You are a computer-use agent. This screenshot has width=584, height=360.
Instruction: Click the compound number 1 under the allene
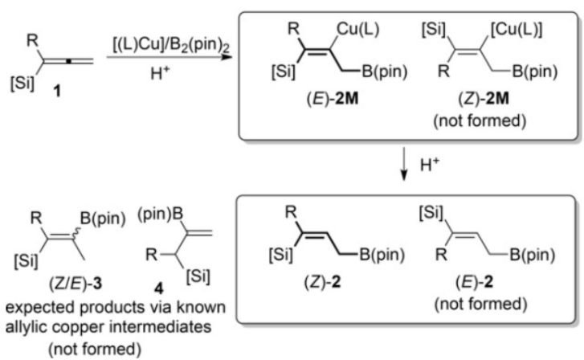click(x=57, y=91)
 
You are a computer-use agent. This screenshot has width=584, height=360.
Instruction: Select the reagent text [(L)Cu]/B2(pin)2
click(x=171, y=45)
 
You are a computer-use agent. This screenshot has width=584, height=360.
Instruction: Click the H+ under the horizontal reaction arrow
click(x=160, y=73)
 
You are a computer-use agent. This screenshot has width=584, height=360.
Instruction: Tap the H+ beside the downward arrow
click(x=430, y=165)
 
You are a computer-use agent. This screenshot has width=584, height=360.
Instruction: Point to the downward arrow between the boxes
click(x=404, y=164)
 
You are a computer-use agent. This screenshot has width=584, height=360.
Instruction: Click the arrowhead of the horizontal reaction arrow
click(x=227, y=57)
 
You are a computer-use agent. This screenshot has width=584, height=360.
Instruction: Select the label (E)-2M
click(x=333, y=99)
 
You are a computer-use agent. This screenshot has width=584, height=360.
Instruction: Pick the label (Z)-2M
click(x=484, y=99)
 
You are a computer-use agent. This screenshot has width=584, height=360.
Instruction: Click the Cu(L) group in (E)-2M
click(x=358, y=29)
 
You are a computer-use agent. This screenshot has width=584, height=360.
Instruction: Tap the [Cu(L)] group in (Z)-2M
click(x=517, y=29)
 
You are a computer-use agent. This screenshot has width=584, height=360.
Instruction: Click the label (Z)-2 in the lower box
click(x=322, y=283)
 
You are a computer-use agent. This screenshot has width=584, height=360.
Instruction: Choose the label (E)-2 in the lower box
click(x=474, y=283)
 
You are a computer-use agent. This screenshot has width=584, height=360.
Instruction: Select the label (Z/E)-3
click(x=76, y=284)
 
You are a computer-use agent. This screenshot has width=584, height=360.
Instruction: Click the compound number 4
click(x=159, y=288)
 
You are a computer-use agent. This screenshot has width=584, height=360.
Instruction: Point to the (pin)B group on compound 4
click(x=161, y=215)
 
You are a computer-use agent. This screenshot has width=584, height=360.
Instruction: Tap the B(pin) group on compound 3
click(x=103, y=219)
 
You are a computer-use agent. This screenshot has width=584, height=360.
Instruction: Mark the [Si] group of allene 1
click(x=22, y=83)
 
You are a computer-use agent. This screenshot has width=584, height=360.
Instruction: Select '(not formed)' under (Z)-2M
click(x=480, y=121)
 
